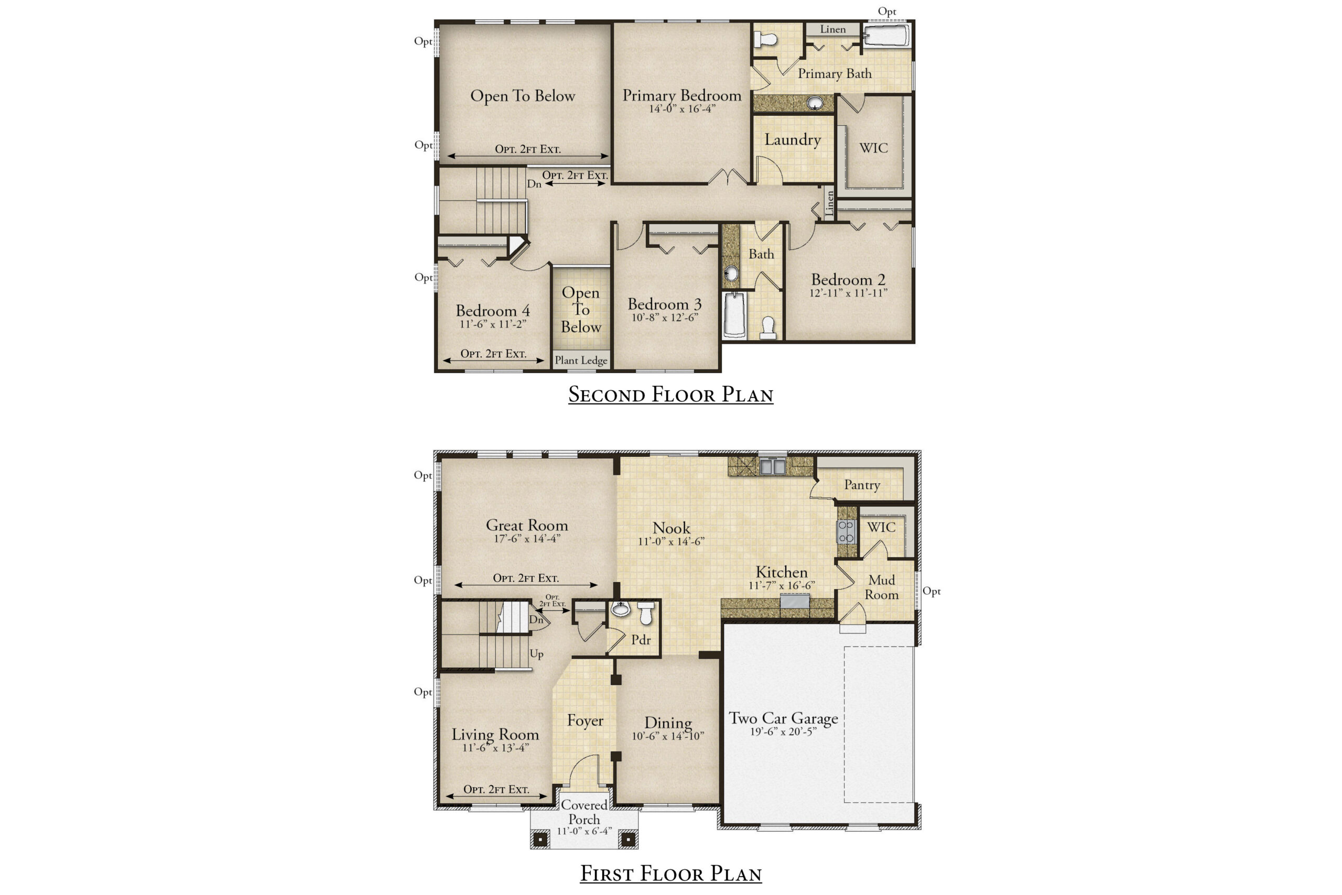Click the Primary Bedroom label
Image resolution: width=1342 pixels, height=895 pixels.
(682, 95)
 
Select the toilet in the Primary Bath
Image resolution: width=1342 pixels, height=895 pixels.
(765, 39)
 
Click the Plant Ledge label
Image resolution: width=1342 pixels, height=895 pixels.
(581, 360)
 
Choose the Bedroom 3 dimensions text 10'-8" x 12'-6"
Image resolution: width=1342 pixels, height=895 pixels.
(665, 318)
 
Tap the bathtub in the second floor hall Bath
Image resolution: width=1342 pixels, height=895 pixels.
(734, 315)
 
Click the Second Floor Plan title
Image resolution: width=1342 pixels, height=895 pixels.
(670, 395)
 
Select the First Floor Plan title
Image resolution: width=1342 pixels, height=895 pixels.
(671, 874)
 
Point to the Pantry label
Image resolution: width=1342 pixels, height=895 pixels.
(862, 485)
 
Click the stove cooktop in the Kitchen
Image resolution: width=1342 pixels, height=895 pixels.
(846, 531)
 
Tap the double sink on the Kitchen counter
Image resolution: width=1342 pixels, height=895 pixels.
(772, 466)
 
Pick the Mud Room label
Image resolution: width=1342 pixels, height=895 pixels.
(881, 587)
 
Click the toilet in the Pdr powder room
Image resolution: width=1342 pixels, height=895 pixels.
(646, 613)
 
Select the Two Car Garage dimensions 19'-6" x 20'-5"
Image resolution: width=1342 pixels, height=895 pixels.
(783, 731)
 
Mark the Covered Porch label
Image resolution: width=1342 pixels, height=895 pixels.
(583, 812)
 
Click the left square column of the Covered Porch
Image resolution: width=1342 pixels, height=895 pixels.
(540, 839)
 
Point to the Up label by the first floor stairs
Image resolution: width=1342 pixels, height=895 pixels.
(536, 654)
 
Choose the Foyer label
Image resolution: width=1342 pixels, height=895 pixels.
(585, 721)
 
